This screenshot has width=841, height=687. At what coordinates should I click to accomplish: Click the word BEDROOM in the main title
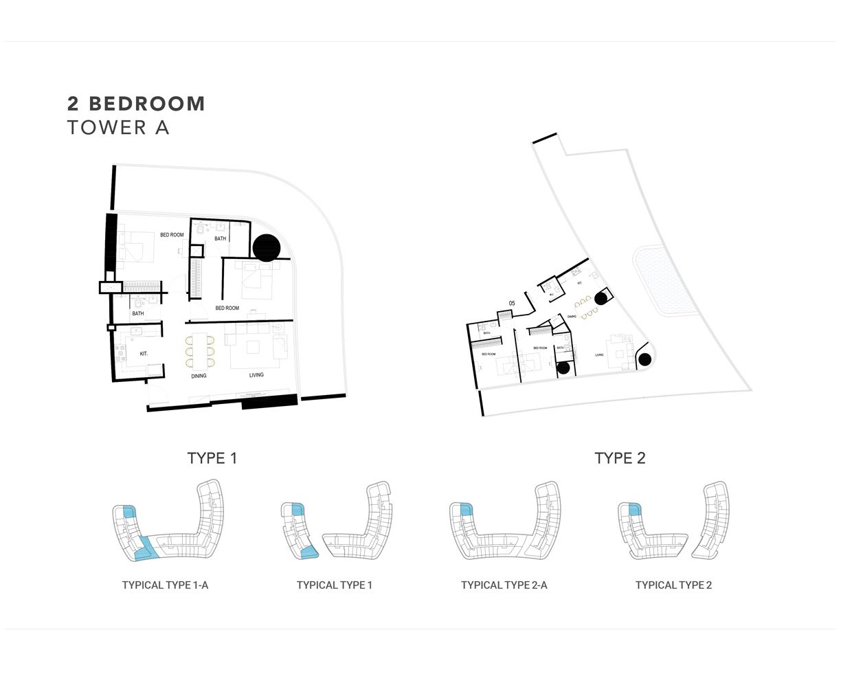(x=147, y=104)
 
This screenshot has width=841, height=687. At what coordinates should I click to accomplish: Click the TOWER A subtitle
(x=118, y=128)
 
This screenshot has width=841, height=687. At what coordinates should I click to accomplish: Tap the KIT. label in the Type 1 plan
(x=144, y=354)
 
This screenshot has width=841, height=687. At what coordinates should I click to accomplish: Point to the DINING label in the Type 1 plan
(x=199, y=376)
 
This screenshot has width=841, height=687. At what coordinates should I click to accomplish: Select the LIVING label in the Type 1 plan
(x=256, y=375)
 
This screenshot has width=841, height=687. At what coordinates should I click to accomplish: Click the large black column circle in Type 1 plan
(x=267, y=247)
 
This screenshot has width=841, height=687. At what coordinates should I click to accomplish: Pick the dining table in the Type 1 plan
(x=200, y=351)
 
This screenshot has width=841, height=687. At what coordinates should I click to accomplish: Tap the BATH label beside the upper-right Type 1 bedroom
(x=220, y=239)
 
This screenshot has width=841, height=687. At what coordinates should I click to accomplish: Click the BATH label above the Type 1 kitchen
(x=138, y=314)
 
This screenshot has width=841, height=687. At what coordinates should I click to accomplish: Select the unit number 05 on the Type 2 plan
(x=511, y=303)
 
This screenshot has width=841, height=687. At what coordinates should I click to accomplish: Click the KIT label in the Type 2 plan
(x=579, y=283)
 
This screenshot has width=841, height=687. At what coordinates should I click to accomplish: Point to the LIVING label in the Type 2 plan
(x=599, y=355)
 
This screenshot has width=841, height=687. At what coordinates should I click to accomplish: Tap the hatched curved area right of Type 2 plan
(x=664, y=282)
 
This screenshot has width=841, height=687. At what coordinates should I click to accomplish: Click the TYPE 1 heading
(x=212, y=458)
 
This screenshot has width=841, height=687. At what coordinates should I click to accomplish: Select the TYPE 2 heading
(x=620, y=458)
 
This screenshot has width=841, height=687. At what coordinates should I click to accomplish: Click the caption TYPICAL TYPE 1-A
(x=165, y=585)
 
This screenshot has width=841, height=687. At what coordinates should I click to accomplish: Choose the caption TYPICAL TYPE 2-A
(x=504, y=585)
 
